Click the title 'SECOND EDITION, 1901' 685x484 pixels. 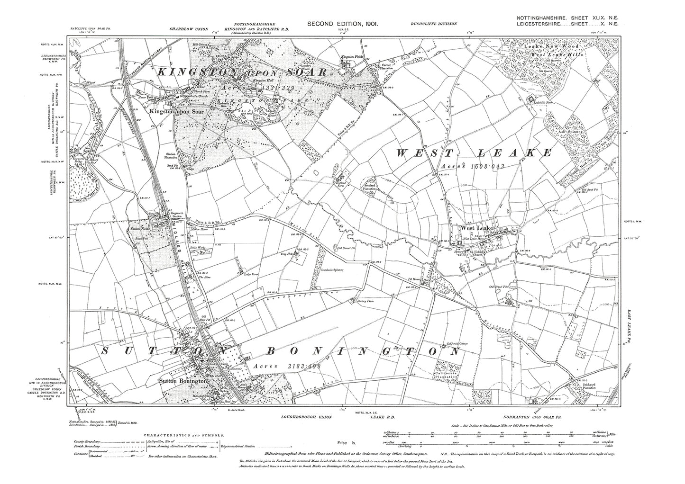click(342, 23)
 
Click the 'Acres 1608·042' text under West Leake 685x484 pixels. click(467, 167)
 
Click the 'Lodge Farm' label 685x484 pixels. click(250, 274)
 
